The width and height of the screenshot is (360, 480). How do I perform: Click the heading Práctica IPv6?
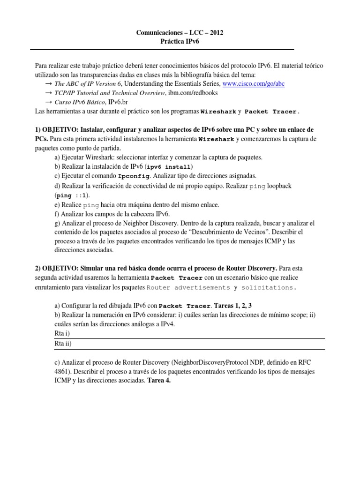point(180,41)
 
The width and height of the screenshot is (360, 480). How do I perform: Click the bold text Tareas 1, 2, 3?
point(233,306)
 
